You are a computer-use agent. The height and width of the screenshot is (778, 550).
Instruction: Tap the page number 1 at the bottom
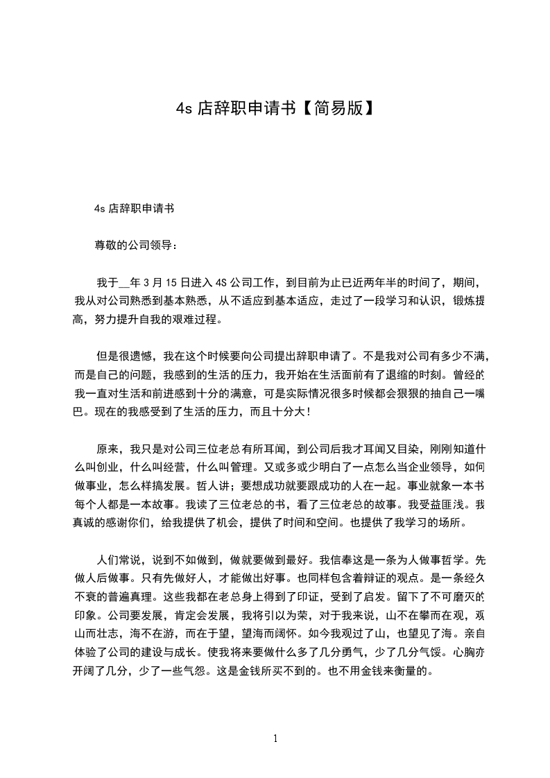275,738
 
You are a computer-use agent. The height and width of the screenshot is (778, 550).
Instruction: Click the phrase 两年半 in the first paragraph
378,283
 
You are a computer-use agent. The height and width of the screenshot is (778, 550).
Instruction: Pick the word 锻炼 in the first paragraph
465,302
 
